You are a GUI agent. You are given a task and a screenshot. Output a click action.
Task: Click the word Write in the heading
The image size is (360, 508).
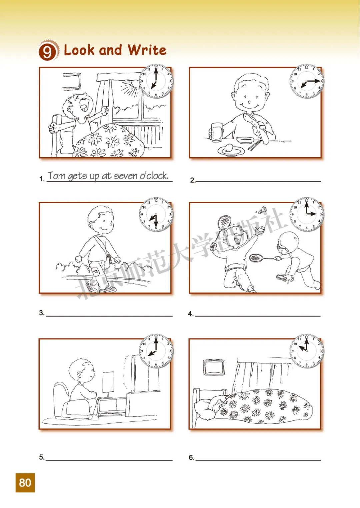tap(147, 50)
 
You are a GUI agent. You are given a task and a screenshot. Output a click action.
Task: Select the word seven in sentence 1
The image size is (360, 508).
tap(126, 176)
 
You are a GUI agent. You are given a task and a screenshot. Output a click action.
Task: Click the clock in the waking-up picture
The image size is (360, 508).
tap(156, 81)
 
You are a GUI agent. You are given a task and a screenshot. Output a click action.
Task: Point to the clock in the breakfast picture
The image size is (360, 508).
tap(307, 81)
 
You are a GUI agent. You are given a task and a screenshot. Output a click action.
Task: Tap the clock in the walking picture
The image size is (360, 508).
tap(156, 214)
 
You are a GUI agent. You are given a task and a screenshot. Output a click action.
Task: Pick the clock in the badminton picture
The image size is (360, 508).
tap(307, 214)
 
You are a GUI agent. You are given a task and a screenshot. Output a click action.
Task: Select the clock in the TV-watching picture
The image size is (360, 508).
tap(156, 351)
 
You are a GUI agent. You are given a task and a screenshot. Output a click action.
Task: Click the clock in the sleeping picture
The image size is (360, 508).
tap(307, 351)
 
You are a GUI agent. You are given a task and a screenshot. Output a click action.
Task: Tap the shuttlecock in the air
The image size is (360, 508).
tap(263, 210)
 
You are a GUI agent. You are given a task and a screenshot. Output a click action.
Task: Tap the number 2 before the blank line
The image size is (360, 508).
tap(192, 180)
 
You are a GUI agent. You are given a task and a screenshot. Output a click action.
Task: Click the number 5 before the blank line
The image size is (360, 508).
tap(42, 457)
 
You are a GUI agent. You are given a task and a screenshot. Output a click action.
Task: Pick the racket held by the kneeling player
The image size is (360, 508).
tap(262, 257)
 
